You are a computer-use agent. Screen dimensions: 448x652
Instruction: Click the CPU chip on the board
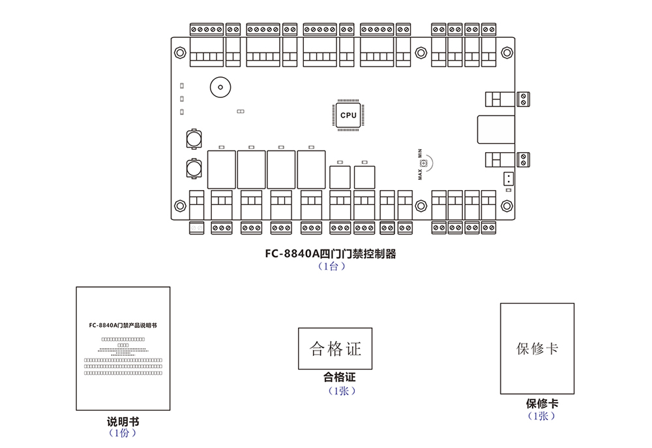(348, 115)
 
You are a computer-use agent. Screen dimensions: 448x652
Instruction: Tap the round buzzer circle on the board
(219, 87)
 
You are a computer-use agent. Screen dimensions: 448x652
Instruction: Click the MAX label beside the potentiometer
(421, 173)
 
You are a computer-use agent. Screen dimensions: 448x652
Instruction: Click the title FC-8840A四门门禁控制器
(330, 254)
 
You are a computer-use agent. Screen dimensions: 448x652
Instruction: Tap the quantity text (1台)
(331, 266)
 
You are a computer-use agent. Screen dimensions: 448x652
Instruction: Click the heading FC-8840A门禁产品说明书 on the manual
(123, 324)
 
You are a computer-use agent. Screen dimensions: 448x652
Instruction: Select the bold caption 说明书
(123, 422)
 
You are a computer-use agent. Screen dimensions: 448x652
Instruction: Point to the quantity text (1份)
(123, 433)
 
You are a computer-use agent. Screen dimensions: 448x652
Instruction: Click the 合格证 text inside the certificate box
(335, 349)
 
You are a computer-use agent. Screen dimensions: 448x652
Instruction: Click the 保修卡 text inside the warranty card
(537, 348)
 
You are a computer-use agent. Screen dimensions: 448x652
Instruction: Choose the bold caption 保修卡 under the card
(542, 404)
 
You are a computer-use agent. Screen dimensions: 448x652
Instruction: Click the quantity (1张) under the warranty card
(542, 416)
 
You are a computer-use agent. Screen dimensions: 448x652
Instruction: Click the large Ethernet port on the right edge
(495, 130)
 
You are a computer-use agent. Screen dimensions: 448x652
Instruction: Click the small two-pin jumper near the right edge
(509, 178)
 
